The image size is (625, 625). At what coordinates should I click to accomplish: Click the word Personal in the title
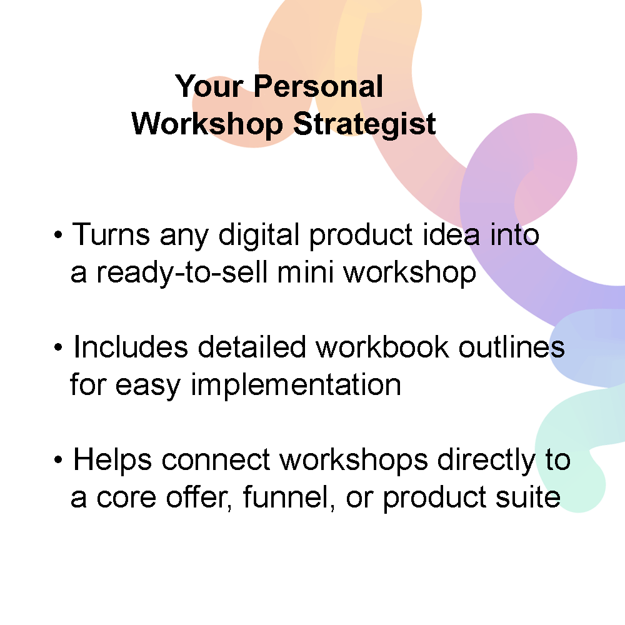click(x=318, y=86)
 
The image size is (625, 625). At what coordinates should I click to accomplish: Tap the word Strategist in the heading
click(x=364, y=125)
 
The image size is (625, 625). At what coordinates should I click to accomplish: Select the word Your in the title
click(x=209, y=86)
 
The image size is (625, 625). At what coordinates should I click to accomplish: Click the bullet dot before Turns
click(x=58, y=235)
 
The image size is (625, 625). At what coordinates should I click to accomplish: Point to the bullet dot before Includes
click(x=58, y=347)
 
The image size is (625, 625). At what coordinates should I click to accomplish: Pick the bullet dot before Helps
click(x=58, y=459)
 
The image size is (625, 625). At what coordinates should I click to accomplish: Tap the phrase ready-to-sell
click(x=182, y=273)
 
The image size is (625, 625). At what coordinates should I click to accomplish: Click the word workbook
click(x=382, y=346)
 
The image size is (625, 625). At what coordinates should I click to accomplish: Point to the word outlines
click(x=512, y=346)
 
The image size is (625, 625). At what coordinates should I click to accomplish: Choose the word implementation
click(x=296, y=386)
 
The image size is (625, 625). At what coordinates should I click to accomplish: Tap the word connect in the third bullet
click(x=216, y=459)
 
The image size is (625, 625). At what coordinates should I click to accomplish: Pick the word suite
click(x=528, y=497)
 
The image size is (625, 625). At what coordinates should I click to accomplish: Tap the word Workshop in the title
click(x=207, y=124)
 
